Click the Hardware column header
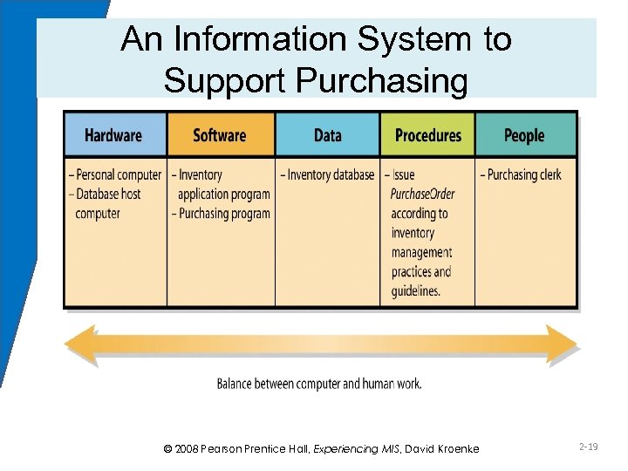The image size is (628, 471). click(113, 135)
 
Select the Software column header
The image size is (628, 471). click(220, 135)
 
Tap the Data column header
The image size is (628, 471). click(327, 135)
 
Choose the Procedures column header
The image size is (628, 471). click(427, 135)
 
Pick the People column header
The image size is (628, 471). click(524, 135)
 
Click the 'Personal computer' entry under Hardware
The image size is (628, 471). click(115, 175)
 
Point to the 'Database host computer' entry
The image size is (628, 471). click(108, 203)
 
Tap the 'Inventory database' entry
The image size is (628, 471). click(327, 175)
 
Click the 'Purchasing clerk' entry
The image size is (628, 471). click(522, 175)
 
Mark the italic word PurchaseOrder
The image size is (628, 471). click(423, 194)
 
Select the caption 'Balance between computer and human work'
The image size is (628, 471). click(320, 384)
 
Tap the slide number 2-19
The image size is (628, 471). click(587, 447)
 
